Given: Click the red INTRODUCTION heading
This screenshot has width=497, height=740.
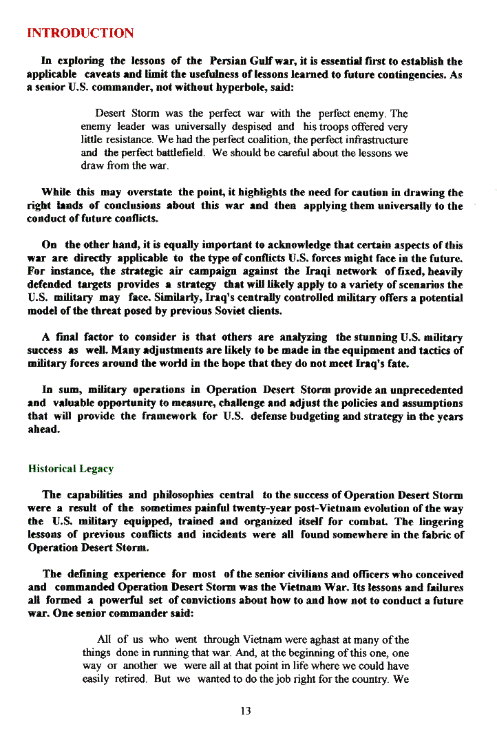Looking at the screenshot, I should tap(80, 33).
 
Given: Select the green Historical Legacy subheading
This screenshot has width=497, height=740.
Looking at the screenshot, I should tap(70, 469).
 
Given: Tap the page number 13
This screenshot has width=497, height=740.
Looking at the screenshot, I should tap(246, 711).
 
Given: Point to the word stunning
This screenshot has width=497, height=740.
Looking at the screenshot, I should tap(374, 337).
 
